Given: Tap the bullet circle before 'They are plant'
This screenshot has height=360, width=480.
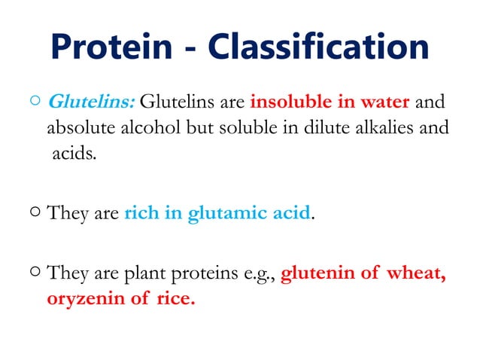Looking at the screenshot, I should (x=35, y=272).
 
